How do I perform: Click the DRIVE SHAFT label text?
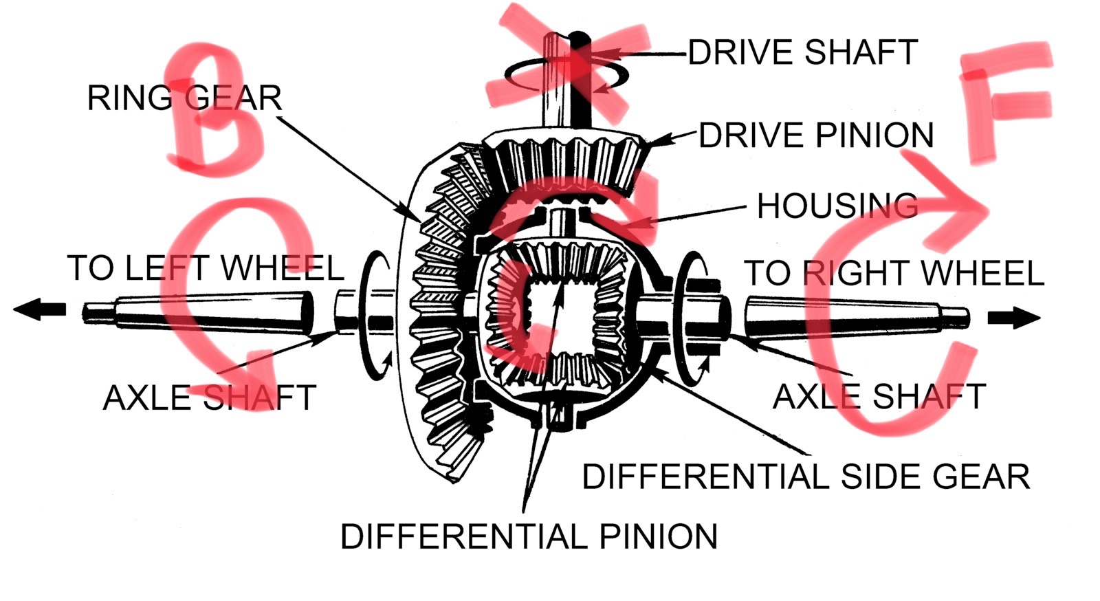tap(802, 52)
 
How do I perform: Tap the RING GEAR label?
tap(184, 98)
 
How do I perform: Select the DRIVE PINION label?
tap(816, 135)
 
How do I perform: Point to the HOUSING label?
tap(837, 206)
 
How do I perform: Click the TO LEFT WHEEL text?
tap(205, 268)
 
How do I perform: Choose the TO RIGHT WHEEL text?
tap(894, 273)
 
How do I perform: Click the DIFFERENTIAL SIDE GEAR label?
tap(806, 477)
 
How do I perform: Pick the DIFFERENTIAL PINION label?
tap(529, 536)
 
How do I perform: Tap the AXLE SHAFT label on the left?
tap(209, 397)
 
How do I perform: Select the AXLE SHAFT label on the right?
tap(879, 397)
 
